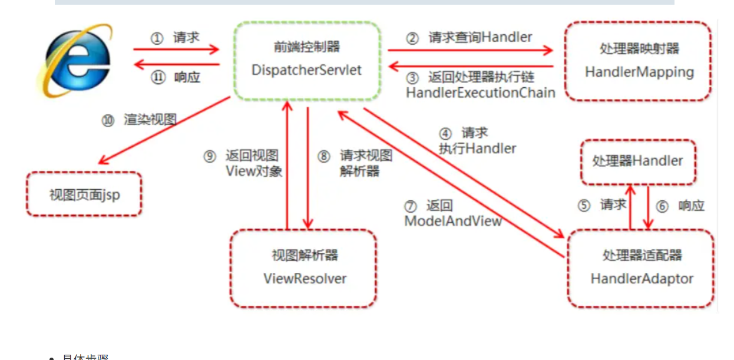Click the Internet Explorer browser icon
coord(74,59)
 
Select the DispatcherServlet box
coord(306,60)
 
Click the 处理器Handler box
coord(637,161)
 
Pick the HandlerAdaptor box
coord(641,268)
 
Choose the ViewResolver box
coord(304,268)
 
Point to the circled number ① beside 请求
coord(156,38)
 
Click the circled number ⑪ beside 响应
coord(157,77)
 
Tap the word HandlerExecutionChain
coord(481,93)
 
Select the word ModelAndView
coord(453,221)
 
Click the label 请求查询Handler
coord(480,38)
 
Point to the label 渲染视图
coord(150,120)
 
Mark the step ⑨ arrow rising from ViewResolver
coord(287,165)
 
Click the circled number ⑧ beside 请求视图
coord(324,157)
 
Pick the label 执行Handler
coord(477,148)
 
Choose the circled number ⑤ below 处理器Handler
coord(584,206)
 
